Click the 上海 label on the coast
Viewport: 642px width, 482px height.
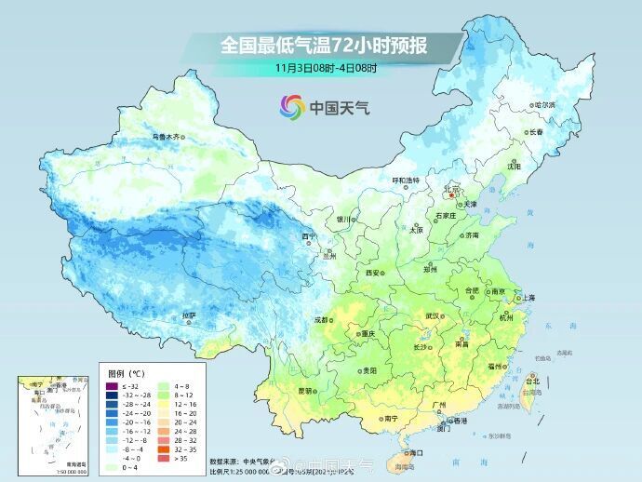coord(528,297)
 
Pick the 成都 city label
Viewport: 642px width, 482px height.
coord(322,319)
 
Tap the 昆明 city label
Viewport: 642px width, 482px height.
coord(304,390)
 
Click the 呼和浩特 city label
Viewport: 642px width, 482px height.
coord(404,180)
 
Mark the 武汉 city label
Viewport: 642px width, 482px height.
coord(431,315)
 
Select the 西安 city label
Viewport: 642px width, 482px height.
coord(373,273)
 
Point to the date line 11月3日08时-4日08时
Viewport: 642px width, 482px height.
coord(326,68)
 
